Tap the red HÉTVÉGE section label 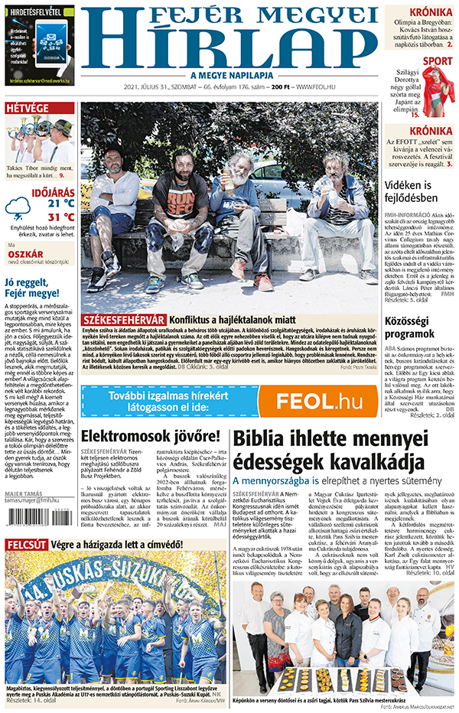pos(28,108)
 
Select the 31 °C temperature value pos(60,217)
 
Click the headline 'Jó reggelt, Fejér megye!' pos(37,288)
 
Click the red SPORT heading pos(437,61)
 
